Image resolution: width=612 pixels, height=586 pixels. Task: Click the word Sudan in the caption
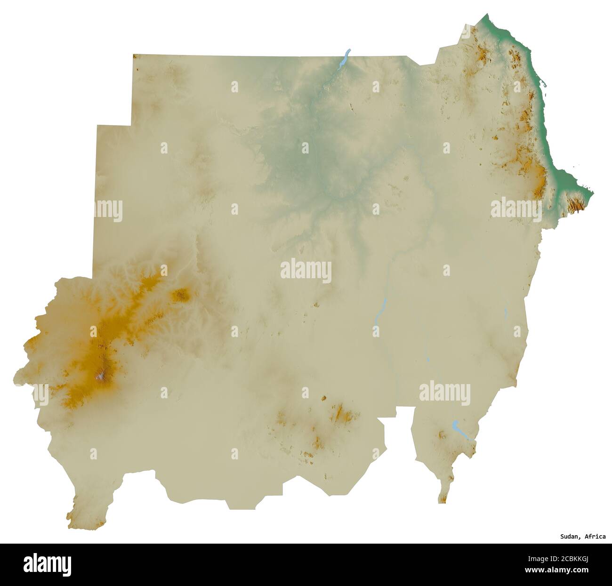569,536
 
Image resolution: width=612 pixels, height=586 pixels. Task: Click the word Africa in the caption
595,536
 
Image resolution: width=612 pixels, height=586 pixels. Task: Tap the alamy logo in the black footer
47,563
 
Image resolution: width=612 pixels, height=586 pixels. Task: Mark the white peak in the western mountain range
100,376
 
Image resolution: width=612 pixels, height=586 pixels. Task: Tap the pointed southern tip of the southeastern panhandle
443,502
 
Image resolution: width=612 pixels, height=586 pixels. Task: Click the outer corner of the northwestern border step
97,126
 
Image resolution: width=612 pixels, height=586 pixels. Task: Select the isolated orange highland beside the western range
181,295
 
